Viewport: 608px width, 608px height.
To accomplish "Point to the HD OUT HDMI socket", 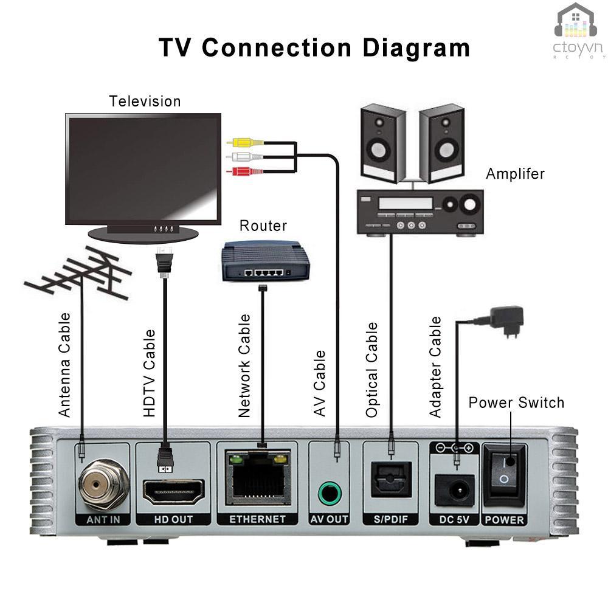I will click(173, 491).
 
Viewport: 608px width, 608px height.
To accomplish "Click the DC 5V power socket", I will click(455, 490).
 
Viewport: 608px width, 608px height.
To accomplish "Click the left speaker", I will click(382, 143).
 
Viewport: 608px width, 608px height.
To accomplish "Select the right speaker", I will click(441, 143).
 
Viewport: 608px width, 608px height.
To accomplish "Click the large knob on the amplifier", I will click(469, 205).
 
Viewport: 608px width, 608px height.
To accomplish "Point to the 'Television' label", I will click(145, 101).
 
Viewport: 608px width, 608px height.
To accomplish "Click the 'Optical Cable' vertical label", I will click(371, 370).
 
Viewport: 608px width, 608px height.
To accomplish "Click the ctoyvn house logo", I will click(576, 24).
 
